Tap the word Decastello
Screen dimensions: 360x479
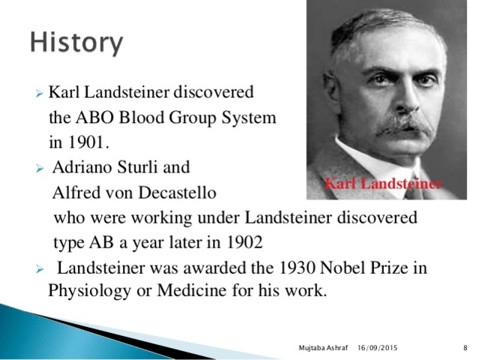[173, 192]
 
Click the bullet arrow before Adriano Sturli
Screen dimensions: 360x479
[40, 168]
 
